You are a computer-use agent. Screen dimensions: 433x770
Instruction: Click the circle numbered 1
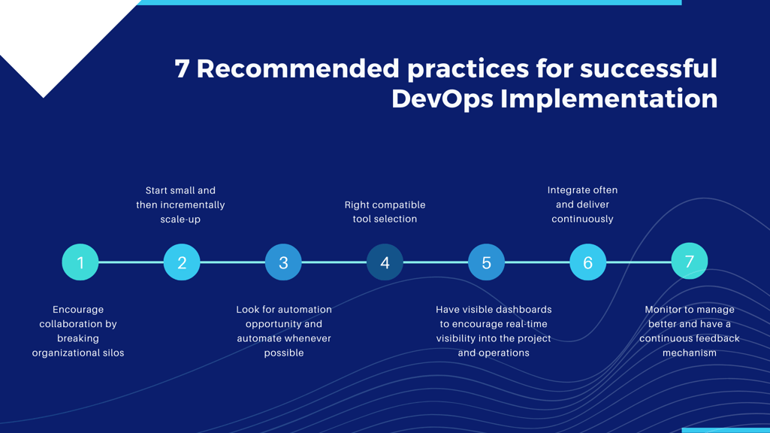pyautogui.click(x=80, y=262)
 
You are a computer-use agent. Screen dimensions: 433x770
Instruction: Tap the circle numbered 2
pyautogui.click(x=182, y=262)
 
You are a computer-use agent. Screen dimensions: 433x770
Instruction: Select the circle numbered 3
pyautogui.click(x=283, y=262)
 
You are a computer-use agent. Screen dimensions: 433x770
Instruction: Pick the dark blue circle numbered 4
pyautogui.click(x=385, y=262)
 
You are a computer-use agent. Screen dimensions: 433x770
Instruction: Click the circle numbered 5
pyautogui.click(x=486, y=262)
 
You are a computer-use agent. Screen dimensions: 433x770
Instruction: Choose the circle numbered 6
pyautogui.click(x=587, y=262)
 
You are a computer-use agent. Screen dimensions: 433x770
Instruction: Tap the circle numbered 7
pyautogui.click(x=689, y=261)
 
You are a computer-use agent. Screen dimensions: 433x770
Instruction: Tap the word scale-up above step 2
pyautogui.click(x=180, y=220)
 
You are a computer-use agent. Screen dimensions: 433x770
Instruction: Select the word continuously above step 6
pyautogui.click(x=582, y=220)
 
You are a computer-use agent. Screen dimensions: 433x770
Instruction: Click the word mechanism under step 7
pyautogui.click(x=689, y=353)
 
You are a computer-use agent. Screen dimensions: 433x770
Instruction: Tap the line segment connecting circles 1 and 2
pyautogui.click(x=131, y=262)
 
